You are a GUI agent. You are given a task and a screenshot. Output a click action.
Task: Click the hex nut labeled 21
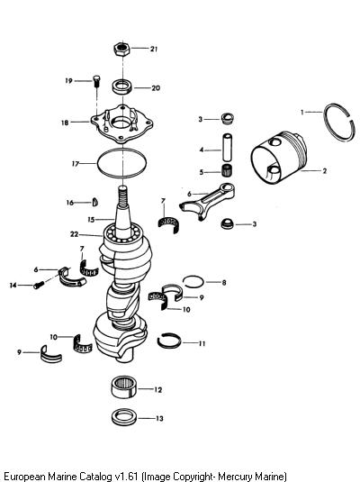coord(121,49)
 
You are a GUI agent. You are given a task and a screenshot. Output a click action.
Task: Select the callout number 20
coord(156,88)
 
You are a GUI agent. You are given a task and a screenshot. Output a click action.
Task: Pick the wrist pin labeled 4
coord(227,147)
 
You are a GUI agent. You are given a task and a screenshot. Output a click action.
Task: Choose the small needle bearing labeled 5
coord(227,170)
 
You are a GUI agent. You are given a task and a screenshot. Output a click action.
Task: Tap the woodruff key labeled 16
coord(95,202)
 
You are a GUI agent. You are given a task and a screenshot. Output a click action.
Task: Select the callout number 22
coord(75,234)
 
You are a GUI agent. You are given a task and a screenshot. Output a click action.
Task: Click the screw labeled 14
coord(38,286)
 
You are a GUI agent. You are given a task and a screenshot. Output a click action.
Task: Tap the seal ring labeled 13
coord(123,417)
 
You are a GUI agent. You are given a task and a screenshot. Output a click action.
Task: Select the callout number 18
coord(65,123)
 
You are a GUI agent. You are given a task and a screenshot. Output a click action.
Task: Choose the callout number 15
coord(91,220)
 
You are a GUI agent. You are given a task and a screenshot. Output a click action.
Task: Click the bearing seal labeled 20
coord(122,86)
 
